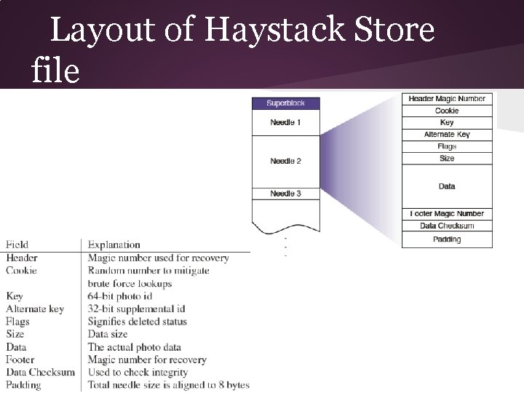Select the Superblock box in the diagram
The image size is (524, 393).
pos(285,103)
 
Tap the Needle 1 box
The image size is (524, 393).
pos(285,122)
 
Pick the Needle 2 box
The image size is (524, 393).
pos(285,161)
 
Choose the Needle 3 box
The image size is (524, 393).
pos(285,194)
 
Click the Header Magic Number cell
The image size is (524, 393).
pos(447,99)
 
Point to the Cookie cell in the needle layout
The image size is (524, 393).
pos(447,111)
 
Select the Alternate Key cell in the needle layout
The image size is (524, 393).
pos(447,135)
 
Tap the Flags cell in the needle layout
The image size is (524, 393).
pos(447,146)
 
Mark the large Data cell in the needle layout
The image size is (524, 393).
pos(447,186)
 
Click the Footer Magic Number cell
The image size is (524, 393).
pos(447,214)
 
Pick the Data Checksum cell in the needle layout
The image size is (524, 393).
pos(447,226)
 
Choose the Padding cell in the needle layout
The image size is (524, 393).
pos(447,239)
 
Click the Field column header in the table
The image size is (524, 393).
pos(17,245)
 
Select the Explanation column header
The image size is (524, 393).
pos(114,245)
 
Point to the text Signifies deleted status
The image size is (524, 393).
pos(138,322)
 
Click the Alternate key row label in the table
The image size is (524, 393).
pos(35,309)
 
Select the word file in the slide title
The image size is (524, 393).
pos(55,71)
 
